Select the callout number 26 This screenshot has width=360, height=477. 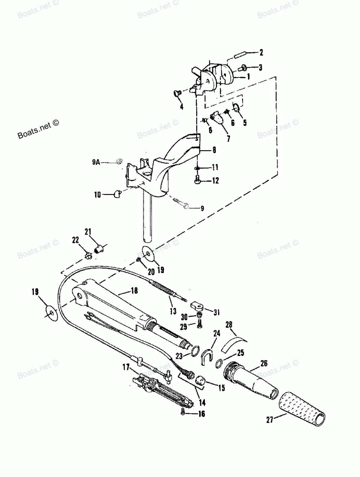point(264,363)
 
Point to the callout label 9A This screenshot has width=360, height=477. point(95,162)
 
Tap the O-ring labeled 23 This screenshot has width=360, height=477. point(194,351)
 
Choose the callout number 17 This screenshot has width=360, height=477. point(126,367)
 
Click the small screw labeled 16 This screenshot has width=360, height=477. point(184,411)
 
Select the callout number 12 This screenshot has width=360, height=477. point(215,180)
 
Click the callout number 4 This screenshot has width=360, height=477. point(181,106)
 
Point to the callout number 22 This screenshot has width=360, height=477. point(75,240)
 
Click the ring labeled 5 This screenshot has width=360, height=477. point(237,108)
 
